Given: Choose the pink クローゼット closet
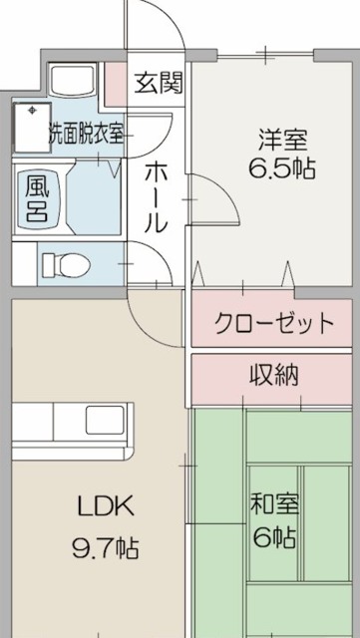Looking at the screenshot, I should pos(272,322).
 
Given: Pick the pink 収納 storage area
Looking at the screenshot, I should pos(272,377).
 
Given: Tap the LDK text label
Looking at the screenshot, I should pos(104,505).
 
